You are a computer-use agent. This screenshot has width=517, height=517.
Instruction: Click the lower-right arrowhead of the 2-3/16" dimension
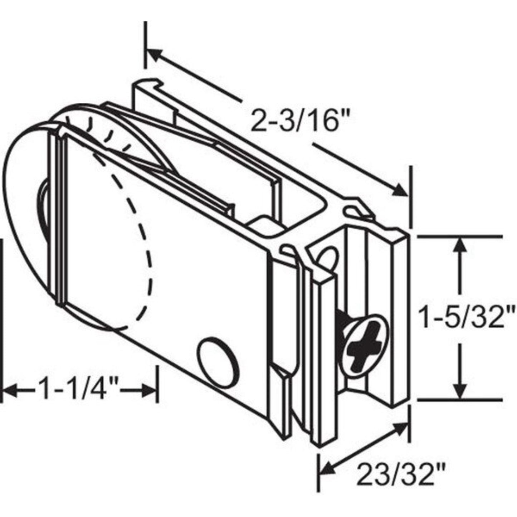tap(400, 191)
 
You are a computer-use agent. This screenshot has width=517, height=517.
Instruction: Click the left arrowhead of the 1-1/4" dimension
tap(10, 391)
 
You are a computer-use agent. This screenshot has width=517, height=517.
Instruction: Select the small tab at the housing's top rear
tap(150, 89)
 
